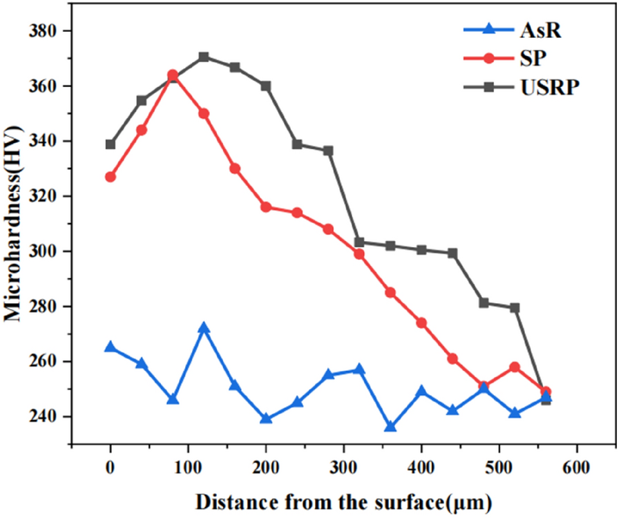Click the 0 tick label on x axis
click(111, 468)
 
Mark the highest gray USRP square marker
click(204, 57)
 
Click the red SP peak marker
click(173, 75)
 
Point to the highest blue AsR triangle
click(204, 328)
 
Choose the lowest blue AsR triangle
click(390, 427)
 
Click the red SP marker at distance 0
click(111, 177)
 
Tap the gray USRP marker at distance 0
click(111, 144)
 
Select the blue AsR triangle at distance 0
click(111, 347)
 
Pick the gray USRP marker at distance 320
click(359, 242)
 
